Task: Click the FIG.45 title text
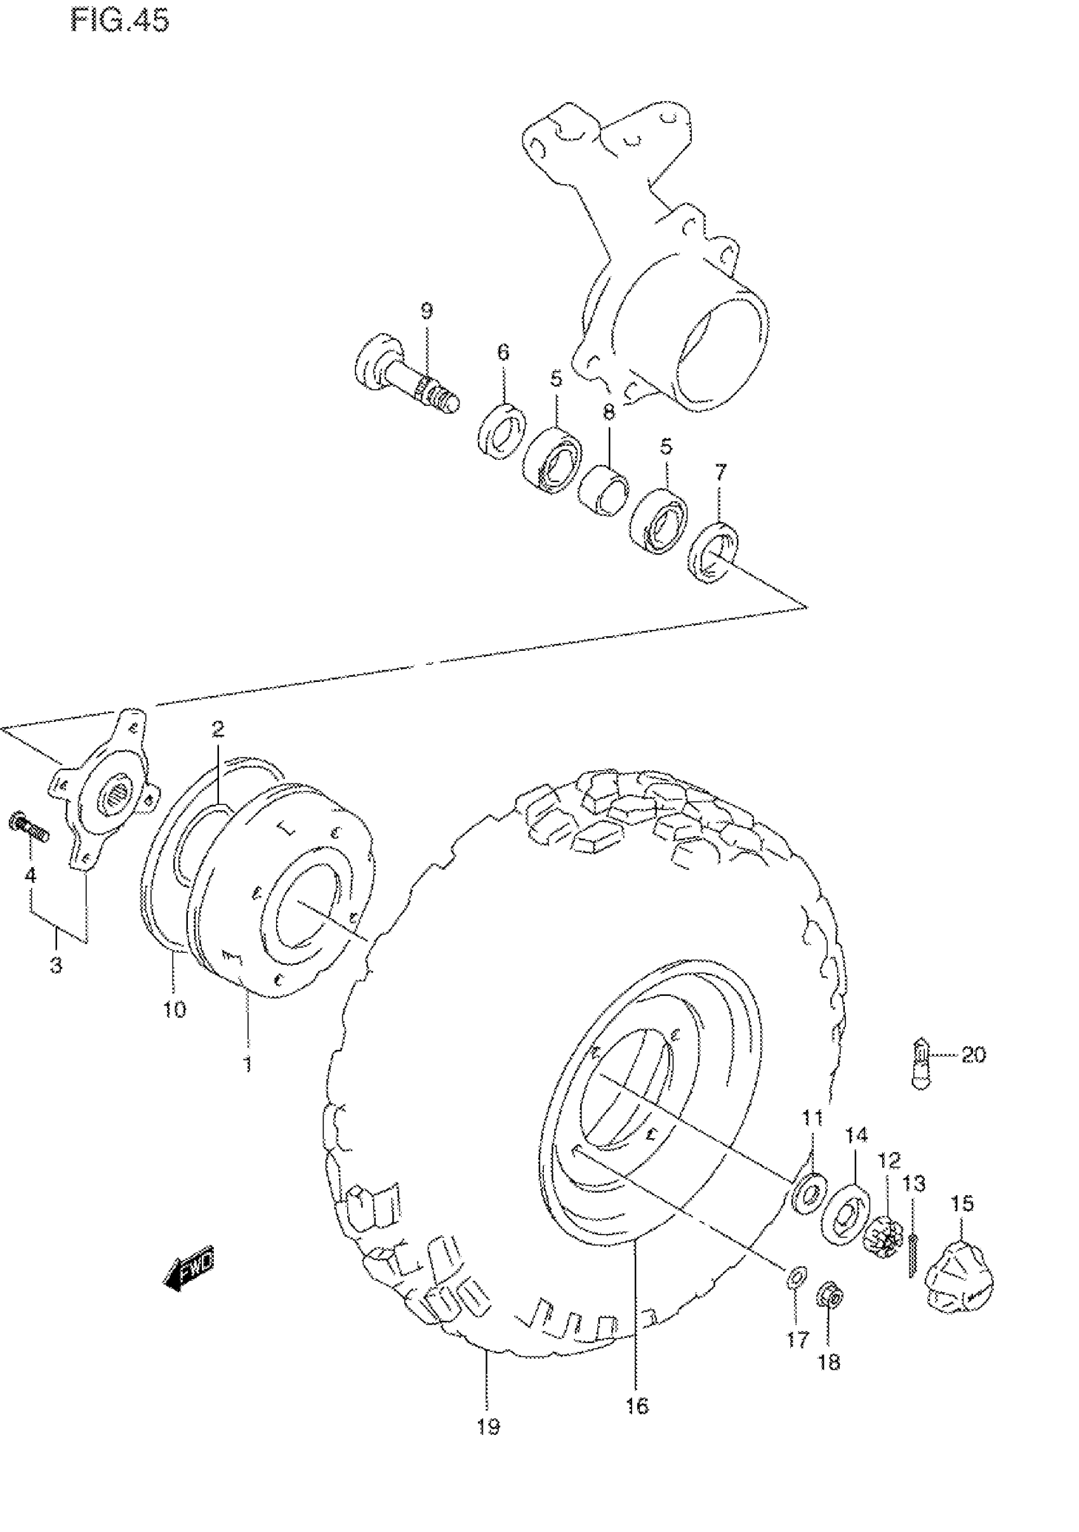click(119, 22)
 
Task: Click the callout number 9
click(427, 310)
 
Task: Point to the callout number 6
click(503, 351)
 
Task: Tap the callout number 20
click(974, 1055)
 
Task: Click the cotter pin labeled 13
click(913, 1254)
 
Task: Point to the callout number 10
click(175, 1009)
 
